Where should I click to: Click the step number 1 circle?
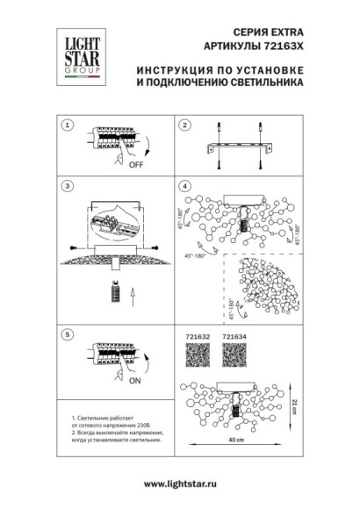tap(66, 125)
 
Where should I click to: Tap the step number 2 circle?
tap(184, 125)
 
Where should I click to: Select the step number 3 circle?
tap(66, 188)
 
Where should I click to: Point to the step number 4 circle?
tap(184, 188)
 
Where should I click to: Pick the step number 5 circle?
tap(66, 334)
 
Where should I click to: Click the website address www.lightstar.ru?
tap(180, 485)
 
